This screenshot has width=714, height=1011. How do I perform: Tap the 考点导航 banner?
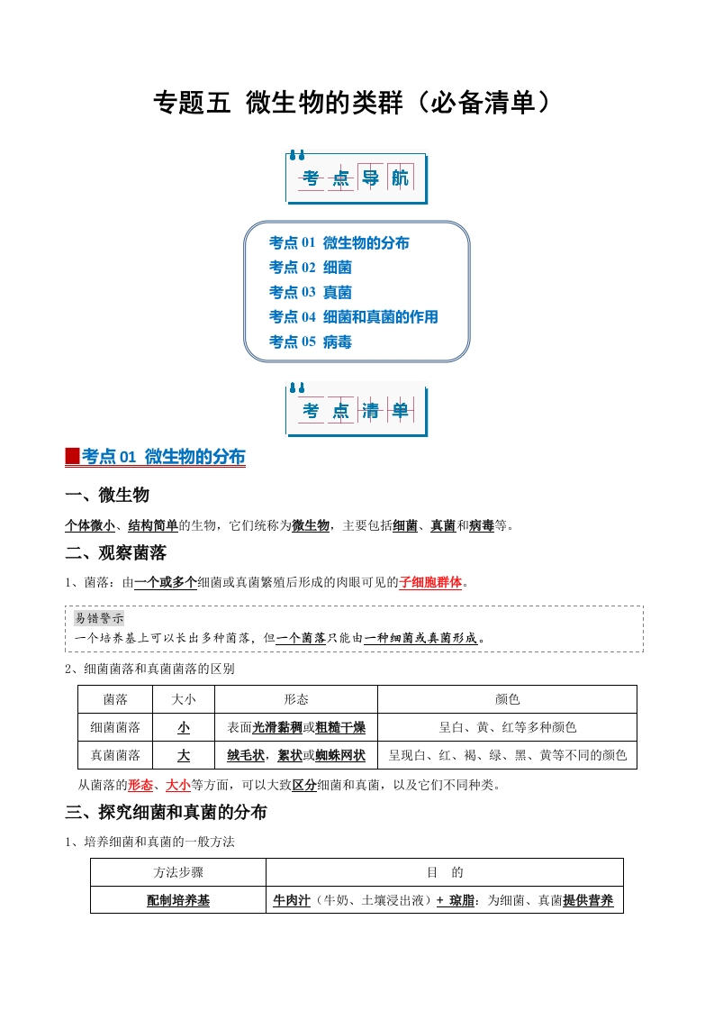click(x=356, y=178)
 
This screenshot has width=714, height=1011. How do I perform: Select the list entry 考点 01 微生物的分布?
click(x=339, y=242)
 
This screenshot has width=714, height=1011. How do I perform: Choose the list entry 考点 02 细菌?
click(x=310, y=268)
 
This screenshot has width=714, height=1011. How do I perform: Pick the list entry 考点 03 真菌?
click(x=310, y=292)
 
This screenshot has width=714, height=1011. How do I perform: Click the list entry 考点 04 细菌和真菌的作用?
click(x=353, y=317)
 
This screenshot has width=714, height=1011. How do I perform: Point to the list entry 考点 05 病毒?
click(x=310, y=342)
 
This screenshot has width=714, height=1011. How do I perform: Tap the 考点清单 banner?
click(x=356, y=411)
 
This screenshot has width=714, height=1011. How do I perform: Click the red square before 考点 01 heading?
click(x=73, y=457)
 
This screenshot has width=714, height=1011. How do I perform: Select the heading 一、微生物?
click(x=107, y=495)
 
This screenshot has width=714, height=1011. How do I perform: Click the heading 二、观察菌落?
click(x=116, y=552)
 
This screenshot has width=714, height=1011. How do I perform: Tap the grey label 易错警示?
click(x=99, y=619)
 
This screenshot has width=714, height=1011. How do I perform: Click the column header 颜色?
click(x=507, y=699)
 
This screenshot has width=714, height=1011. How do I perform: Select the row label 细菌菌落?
click(x=115, y=727)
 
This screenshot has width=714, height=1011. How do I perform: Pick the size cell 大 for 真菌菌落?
click(x=184, y=755)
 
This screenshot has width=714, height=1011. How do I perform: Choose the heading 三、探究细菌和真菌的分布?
click(x=167, y=812)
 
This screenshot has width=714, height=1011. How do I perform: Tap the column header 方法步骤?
click(x=178, y=872)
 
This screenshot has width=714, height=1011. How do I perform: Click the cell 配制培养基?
click(x=178, y=900)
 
